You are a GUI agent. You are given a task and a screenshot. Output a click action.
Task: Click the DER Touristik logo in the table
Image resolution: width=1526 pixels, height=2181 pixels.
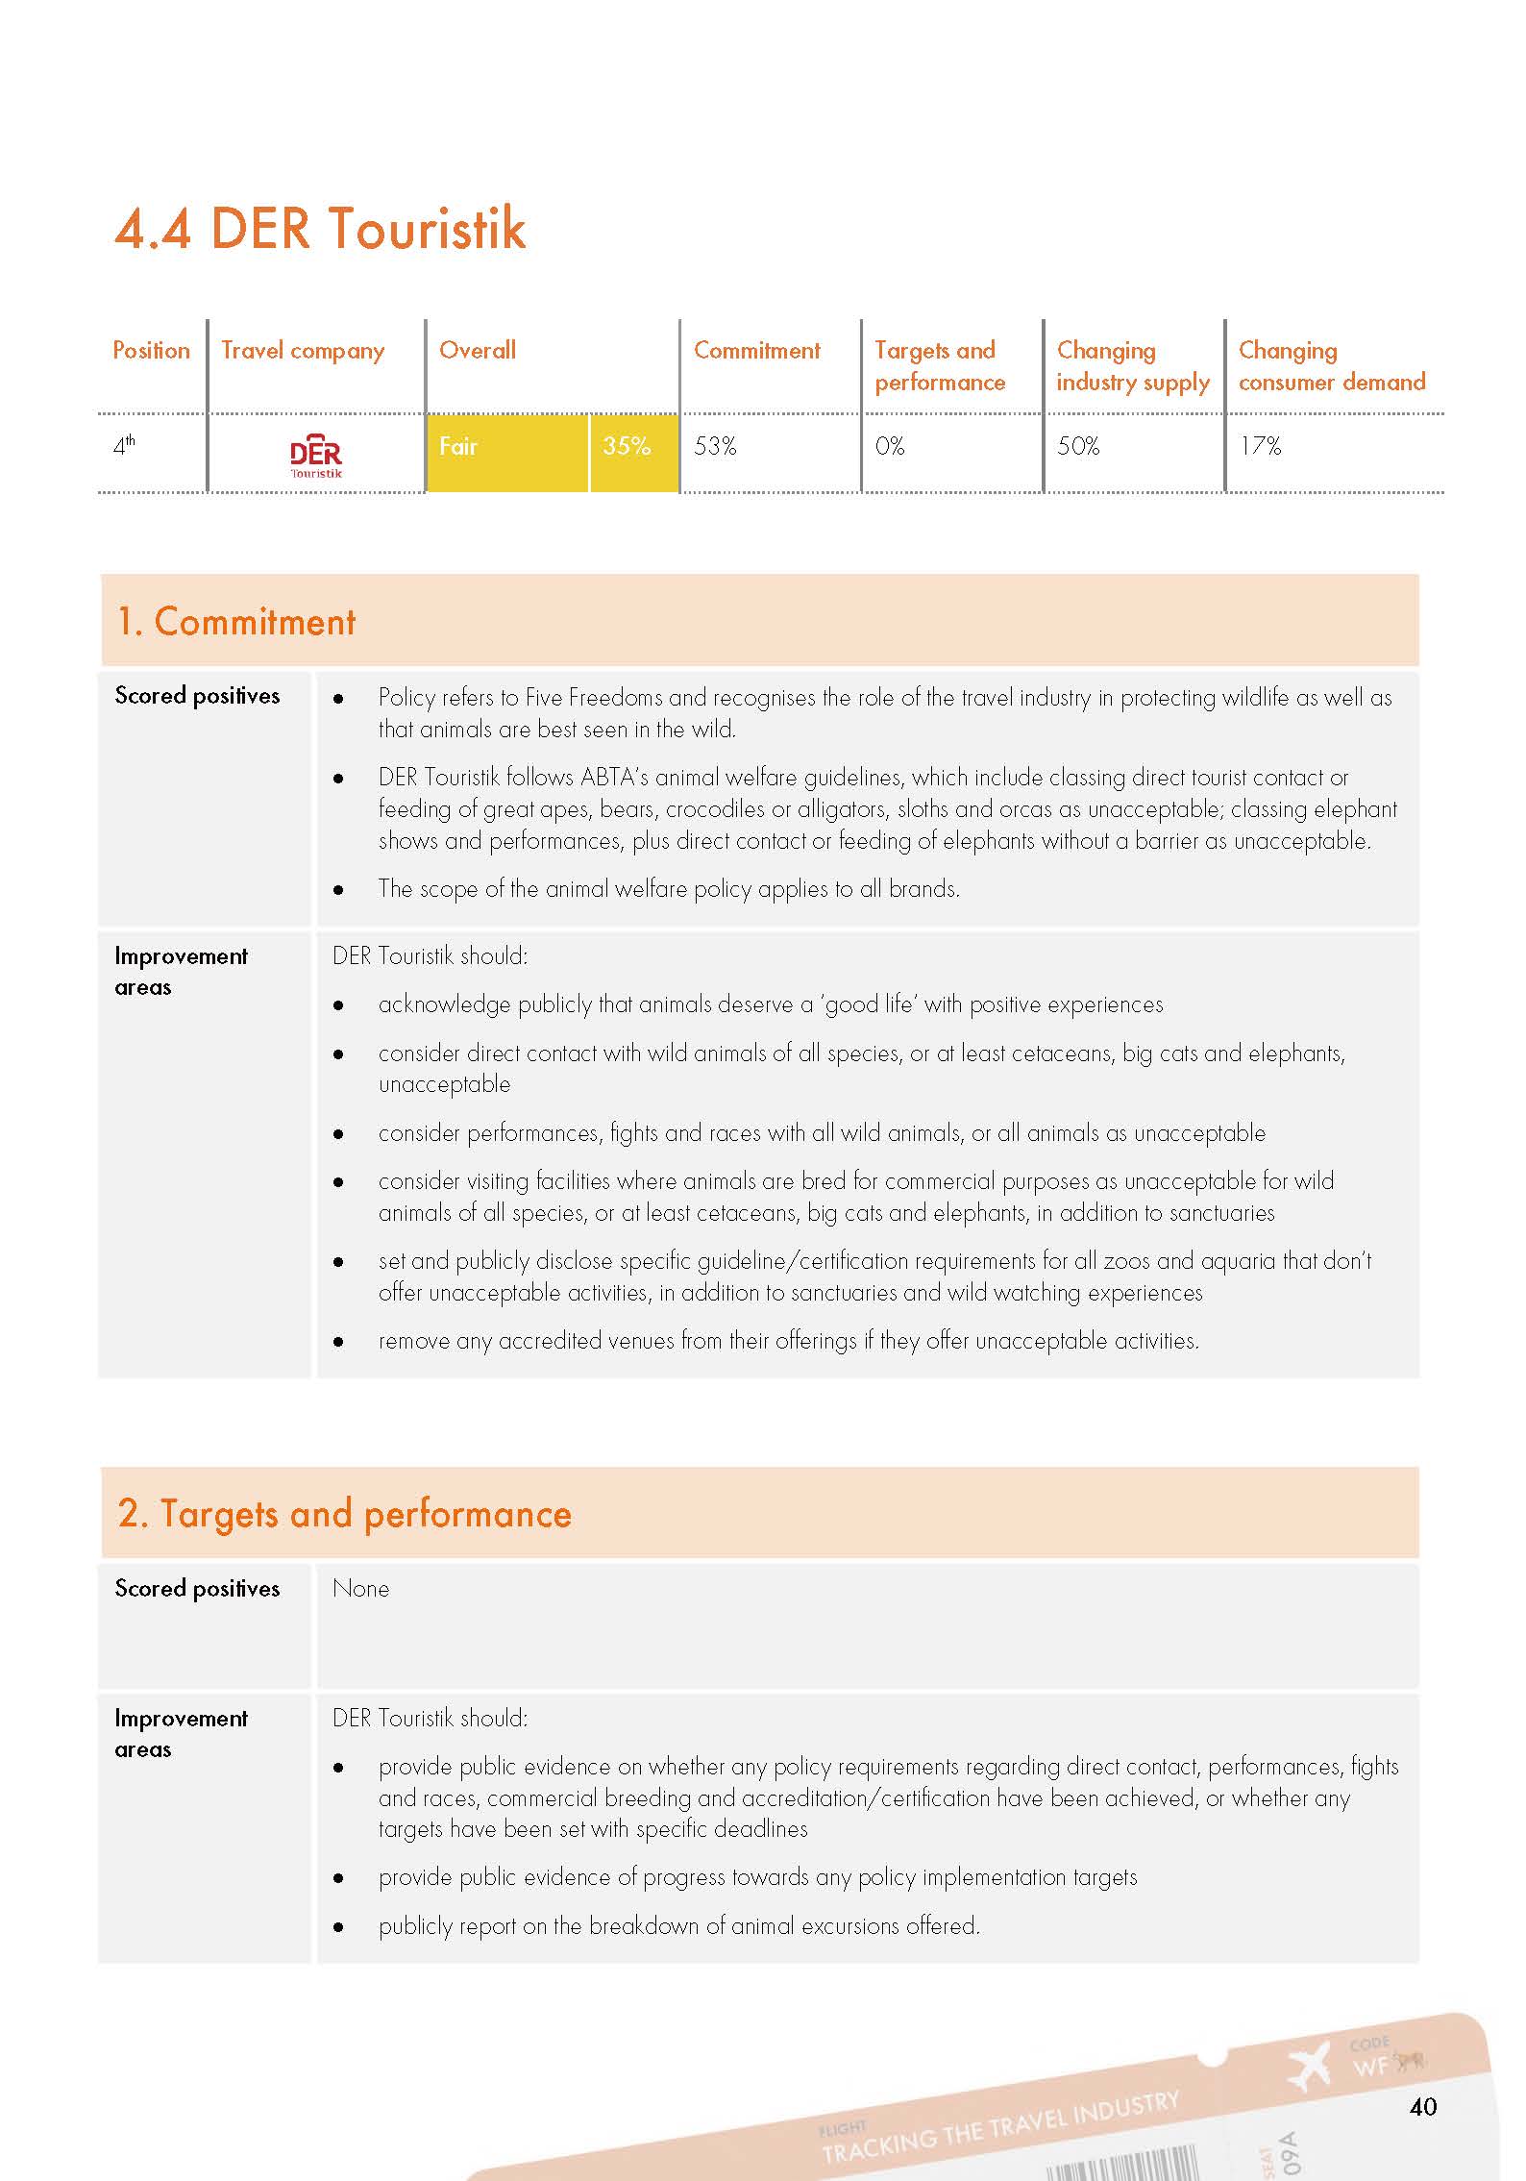316,457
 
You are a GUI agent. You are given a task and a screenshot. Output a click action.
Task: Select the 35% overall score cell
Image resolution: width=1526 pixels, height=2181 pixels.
627,446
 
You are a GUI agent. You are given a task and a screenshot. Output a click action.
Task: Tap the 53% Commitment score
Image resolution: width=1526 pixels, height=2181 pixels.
715,446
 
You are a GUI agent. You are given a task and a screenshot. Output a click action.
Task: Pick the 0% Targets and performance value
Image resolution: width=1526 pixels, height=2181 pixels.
890,446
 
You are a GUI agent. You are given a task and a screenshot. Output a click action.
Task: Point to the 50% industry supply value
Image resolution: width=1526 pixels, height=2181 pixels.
1078,446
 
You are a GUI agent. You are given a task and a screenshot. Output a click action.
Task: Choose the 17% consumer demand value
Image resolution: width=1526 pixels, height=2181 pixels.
1260,446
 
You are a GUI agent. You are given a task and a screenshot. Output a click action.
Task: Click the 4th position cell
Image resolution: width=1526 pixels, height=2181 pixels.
124,446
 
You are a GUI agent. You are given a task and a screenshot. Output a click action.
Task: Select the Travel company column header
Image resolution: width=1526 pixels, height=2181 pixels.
303,351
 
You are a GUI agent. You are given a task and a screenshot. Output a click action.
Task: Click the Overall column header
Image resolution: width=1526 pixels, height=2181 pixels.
478,351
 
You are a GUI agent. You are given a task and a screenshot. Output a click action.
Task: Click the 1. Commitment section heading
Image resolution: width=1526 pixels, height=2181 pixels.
236,622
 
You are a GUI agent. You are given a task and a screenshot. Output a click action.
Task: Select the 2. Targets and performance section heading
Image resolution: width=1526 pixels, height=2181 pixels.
344,1514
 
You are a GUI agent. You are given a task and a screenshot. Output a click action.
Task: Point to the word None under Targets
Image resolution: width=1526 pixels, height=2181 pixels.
360,1589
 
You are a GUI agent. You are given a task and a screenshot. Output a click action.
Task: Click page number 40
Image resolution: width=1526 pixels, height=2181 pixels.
1422,2107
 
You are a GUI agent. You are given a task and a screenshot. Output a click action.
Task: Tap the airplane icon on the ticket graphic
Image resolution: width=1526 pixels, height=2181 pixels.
1308,2066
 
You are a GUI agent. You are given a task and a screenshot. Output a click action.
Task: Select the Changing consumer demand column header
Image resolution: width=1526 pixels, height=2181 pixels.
1331,366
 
